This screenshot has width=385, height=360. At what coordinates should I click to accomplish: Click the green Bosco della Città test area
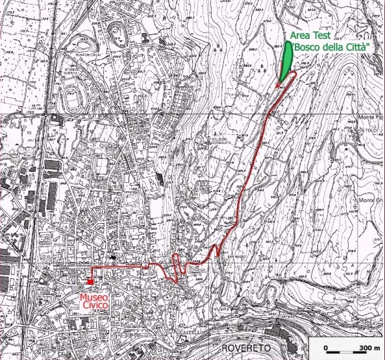click(x=286, y=62)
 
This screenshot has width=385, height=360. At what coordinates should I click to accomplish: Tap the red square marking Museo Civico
click(x=90, y=282)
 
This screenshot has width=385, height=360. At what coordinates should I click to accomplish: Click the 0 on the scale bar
click(x=326, y=348)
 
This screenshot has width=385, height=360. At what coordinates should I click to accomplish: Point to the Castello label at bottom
click(x=188, y=331)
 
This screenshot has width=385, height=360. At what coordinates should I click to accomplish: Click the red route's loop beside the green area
click(x=290, y=79)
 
